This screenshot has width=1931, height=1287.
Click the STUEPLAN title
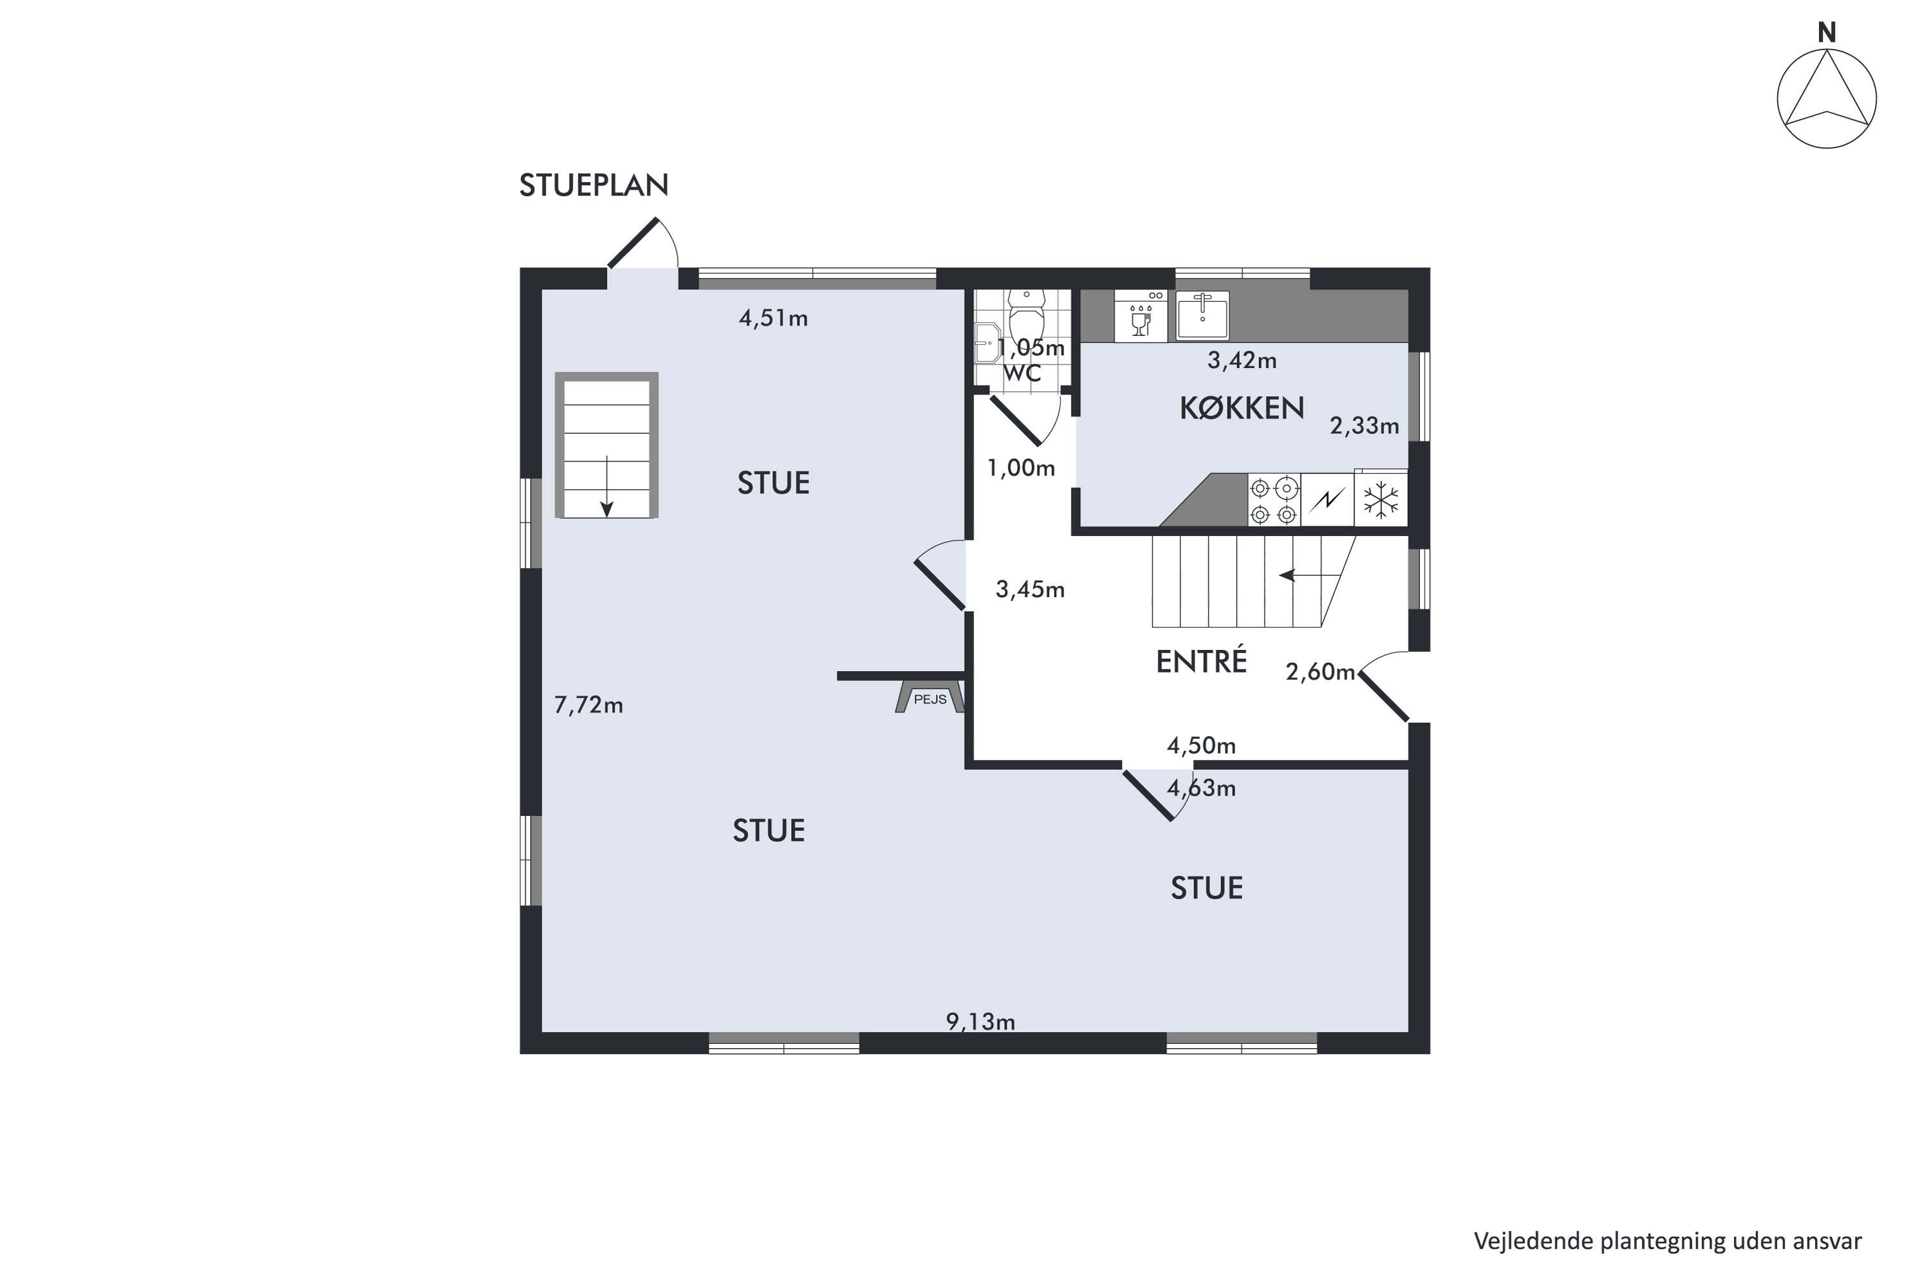pos(593,185)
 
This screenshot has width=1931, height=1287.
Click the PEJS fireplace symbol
pos(929,697)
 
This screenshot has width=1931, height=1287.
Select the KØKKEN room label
pos(1242,408)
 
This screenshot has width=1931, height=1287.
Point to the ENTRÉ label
pos(1201,661)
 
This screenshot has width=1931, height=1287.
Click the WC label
pos(1022,373)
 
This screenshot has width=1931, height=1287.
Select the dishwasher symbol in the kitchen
pos(1141,316)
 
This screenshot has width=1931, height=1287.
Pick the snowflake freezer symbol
pos(1381,500)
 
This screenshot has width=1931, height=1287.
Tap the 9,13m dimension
pos(980,1022)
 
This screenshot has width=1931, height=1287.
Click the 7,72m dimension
pos(589,705)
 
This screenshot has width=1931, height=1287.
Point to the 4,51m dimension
pos(774,319)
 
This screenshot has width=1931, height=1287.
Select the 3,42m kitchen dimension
pos(1242,360)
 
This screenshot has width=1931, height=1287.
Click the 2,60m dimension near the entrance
pos(1320,672)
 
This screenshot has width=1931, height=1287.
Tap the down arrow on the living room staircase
pos(607,486)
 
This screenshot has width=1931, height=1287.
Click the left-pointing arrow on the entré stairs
pos(1300,575)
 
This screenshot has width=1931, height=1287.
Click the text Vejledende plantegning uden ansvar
pos(1668,1240)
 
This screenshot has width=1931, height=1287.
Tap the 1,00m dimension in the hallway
pos(1020,468)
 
